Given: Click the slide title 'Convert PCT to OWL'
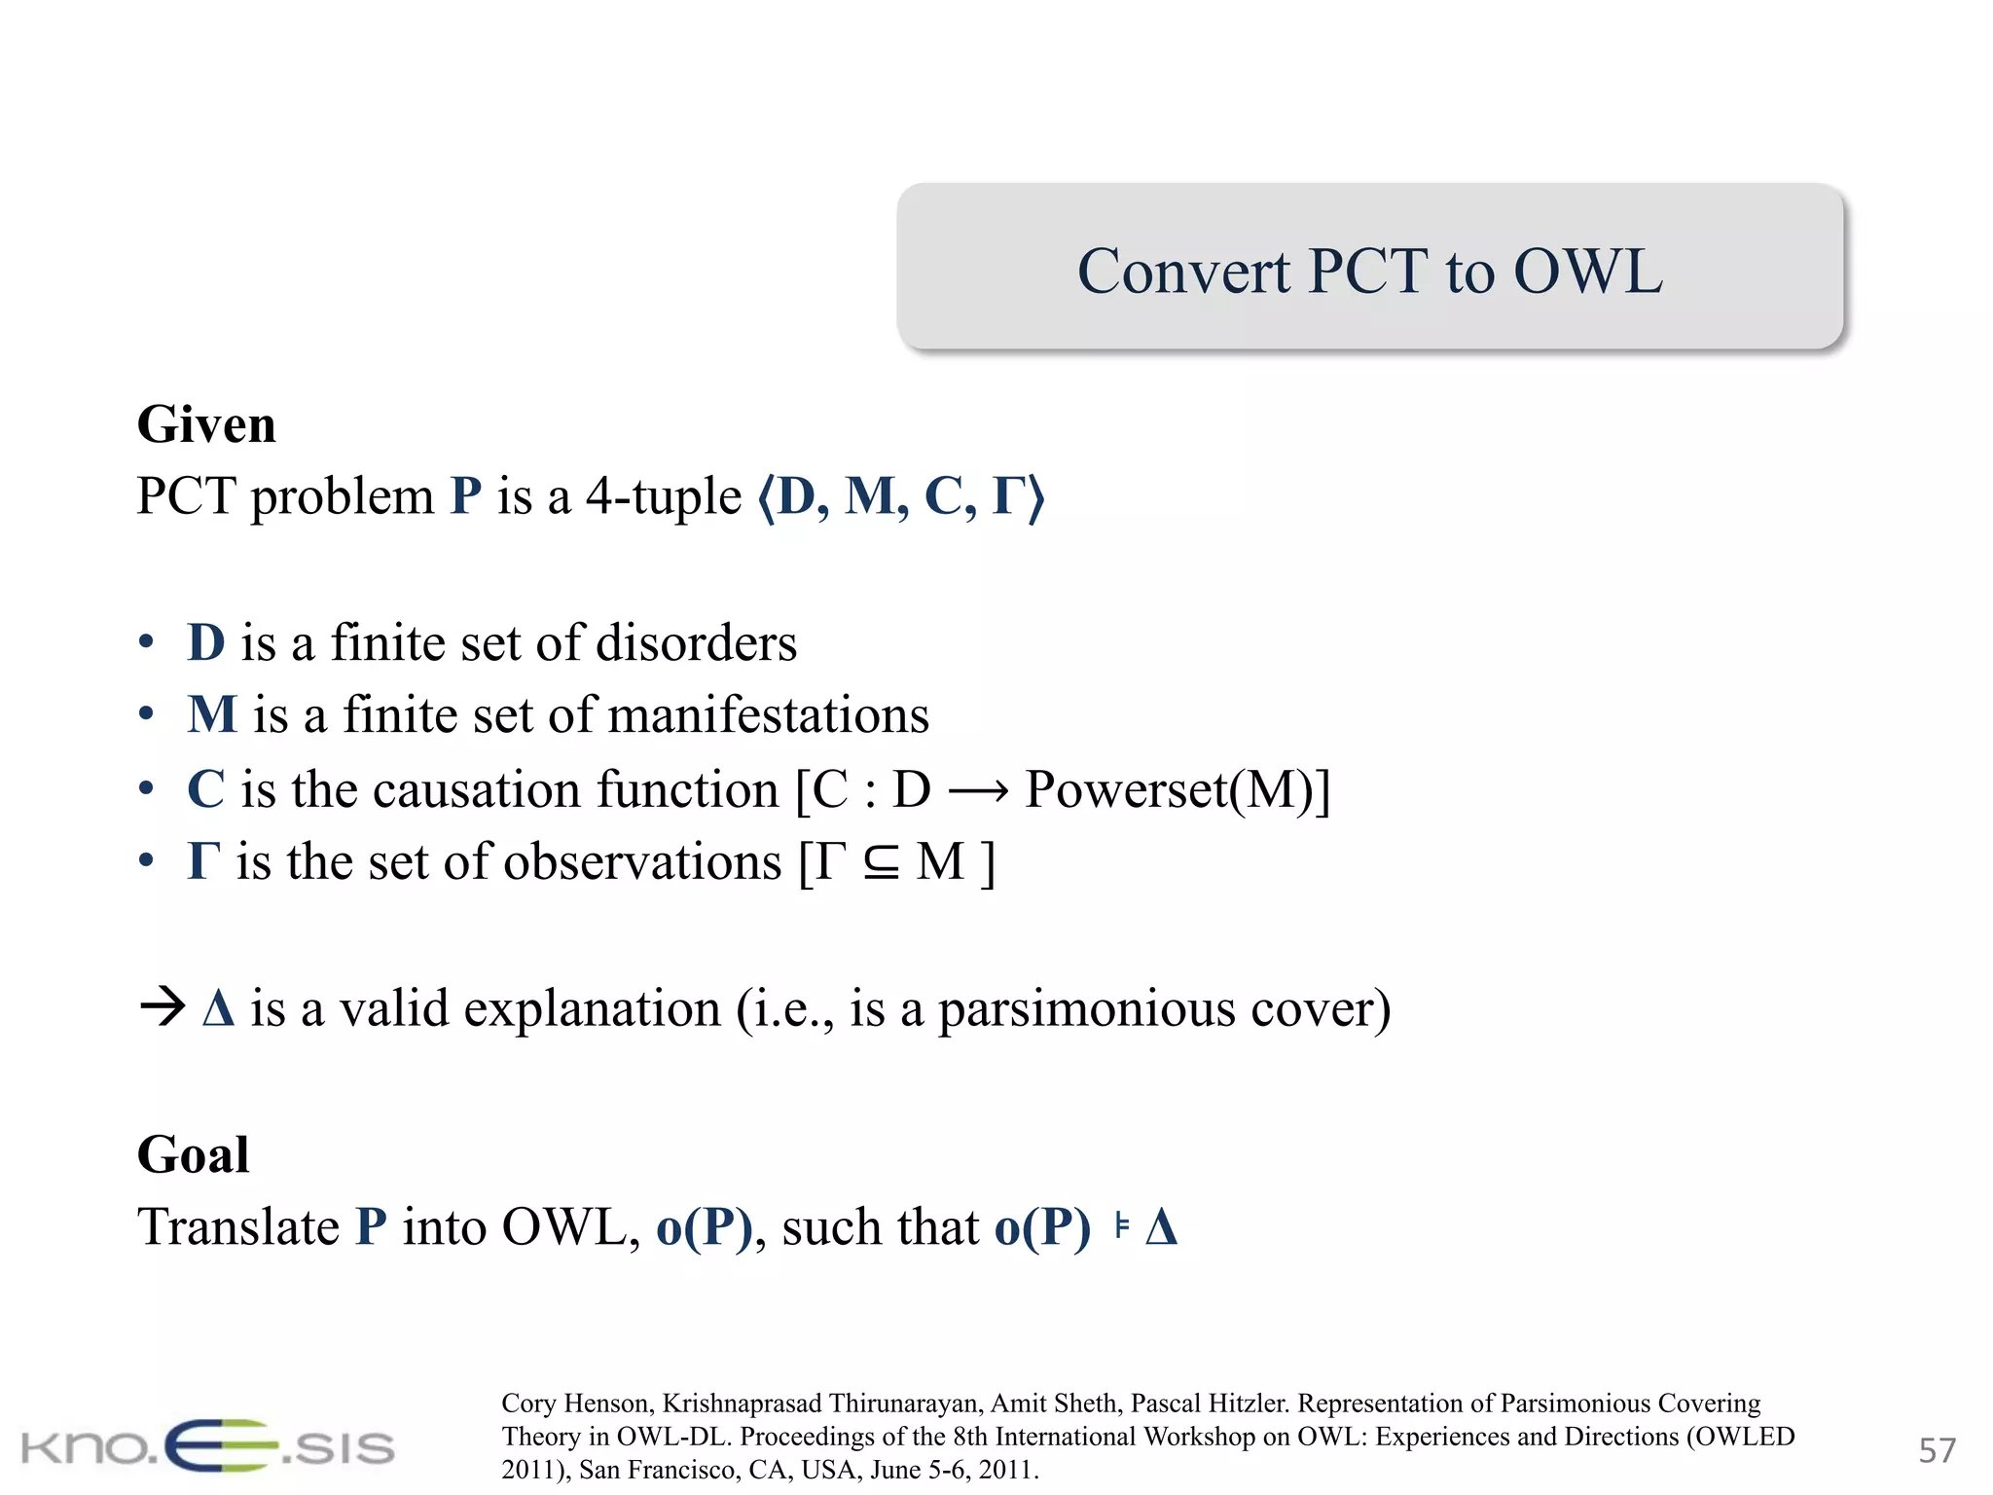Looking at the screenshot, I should click(x=1369, y=271).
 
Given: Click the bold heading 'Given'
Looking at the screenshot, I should click(x=206, y=424).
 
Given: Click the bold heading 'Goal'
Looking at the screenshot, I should click(x=193, y=1154).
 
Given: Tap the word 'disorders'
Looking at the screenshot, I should click(x=696, y=643).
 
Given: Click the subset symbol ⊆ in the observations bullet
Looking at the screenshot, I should click(x=881, y=863).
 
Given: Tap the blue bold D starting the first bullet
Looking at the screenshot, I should click(x=206, y=643).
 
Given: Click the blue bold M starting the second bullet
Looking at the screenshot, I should click(x=212, y=715).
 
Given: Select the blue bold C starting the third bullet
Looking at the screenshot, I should click(x=206, y=789).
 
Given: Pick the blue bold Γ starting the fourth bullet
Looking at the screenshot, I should click(x=202, y=862).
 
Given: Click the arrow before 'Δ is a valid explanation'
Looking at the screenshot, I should click(x=162, y=1007).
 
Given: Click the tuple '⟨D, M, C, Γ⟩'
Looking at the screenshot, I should click(x=900, y=497).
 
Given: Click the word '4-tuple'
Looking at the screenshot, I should click(x=663, y=497).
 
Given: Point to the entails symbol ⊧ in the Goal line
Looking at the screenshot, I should click(x=1122, y=1226).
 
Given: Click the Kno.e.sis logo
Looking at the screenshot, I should click(x=207, y=1446).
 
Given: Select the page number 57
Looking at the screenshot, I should click(x=1936, y=1450).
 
